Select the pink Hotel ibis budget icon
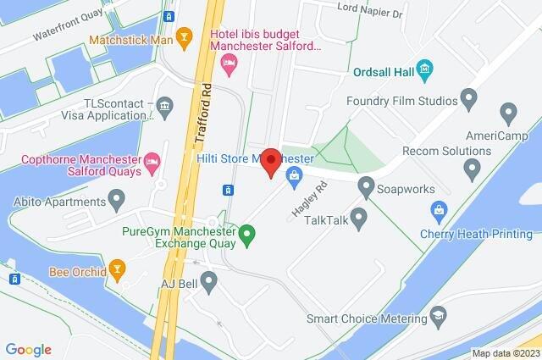tap(228, 63)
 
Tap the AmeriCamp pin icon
tap(508, 111)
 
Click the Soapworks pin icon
tap(367, 183)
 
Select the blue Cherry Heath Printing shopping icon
tap(439, 208)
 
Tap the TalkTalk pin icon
tap(359, 219)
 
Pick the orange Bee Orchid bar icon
tap(118, 271)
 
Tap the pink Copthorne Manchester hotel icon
tap(152, 159)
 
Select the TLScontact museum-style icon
tap(164, 106)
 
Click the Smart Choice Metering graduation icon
tap(439, 318)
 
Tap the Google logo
tap(28, 349)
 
